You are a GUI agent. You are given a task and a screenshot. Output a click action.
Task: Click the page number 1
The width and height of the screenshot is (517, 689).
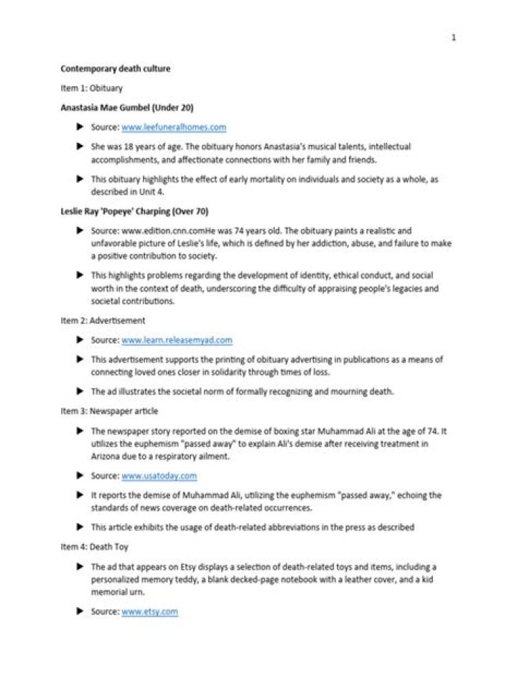(x=453, y=37)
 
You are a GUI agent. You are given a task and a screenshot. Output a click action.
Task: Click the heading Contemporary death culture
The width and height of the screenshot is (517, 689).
(x=115, y=70)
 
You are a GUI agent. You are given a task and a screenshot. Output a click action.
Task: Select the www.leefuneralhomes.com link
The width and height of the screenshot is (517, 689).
(x=174, y=127)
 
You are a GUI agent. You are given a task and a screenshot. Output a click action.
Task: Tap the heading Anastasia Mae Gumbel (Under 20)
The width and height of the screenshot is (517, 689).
(x=127, y=108)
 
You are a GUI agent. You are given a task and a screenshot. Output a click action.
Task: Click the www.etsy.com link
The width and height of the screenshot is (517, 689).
(x=149, y=611)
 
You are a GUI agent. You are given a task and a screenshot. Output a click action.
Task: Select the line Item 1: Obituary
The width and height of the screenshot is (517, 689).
(x=92, y=89)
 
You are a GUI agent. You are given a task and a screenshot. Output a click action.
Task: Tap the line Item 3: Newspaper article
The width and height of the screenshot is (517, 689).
(x=109, y=411)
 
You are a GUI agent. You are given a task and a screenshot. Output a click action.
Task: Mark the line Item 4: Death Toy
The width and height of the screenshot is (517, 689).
(x=94, y=547)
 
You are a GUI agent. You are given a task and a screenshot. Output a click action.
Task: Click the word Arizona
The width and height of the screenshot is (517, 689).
(x=106, y=456)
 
